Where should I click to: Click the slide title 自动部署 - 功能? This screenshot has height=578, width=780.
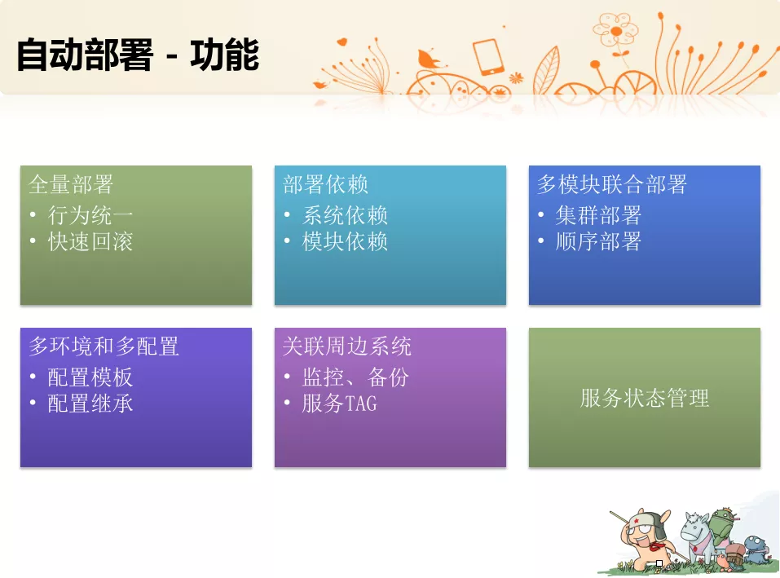pos(138,55)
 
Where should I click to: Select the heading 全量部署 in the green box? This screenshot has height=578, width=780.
pos(71,184)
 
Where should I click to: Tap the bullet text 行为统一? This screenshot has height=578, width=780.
pos(90,215)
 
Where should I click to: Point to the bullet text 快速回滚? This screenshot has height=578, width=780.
pos(90,242)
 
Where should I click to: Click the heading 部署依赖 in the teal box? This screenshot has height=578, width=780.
pos(325,184)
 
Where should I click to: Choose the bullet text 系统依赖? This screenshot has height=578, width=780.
pos(345,215)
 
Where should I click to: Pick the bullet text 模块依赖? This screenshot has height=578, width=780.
pos(345,242)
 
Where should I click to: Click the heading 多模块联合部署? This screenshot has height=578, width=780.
pos(612,184)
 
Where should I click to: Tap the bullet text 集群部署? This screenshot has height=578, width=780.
pos(598,215)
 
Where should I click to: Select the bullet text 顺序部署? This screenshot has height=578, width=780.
pos(598,242)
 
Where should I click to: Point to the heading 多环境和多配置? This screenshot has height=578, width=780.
pos(104,346)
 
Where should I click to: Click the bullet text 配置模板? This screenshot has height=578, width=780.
pos(90,377)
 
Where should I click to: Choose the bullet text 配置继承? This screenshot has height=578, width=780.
pos(90,404)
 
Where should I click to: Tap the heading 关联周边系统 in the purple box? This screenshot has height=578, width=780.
pos(347,346)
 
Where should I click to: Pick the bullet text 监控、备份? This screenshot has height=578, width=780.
pos(355,377)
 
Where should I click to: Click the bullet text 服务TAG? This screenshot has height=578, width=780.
pos(339,404)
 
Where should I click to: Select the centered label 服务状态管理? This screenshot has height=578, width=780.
pos(645,398)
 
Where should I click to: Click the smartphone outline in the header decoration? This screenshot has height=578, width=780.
pos(488,57)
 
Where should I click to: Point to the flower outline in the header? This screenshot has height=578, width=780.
pos(616,33)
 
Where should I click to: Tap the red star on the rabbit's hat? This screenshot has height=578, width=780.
pos(636,520)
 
